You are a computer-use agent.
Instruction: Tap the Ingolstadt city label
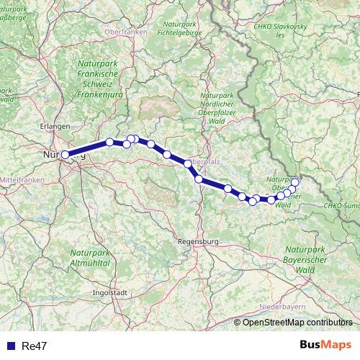pyautogui.click(x=109, y=293)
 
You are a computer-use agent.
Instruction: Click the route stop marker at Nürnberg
pyautogui.click(x=65, y=154)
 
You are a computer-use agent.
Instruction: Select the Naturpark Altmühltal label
pyautogui.click(x=89, y=258)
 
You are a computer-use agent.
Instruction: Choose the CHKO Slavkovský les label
pyautogui.click(x=279, y=30)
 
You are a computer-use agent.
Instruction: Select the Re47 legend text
pyautogui.click(x=33, y=346)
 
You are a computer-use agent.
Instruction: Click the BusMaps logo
pyautogui.click(x=325, y=346)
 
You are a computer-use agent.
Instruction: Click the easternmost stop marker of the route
pyautogui.click(x=294, y=181)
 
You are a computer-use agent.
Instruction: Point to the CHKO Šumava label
pyautogui.click(x=341, y=206)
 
